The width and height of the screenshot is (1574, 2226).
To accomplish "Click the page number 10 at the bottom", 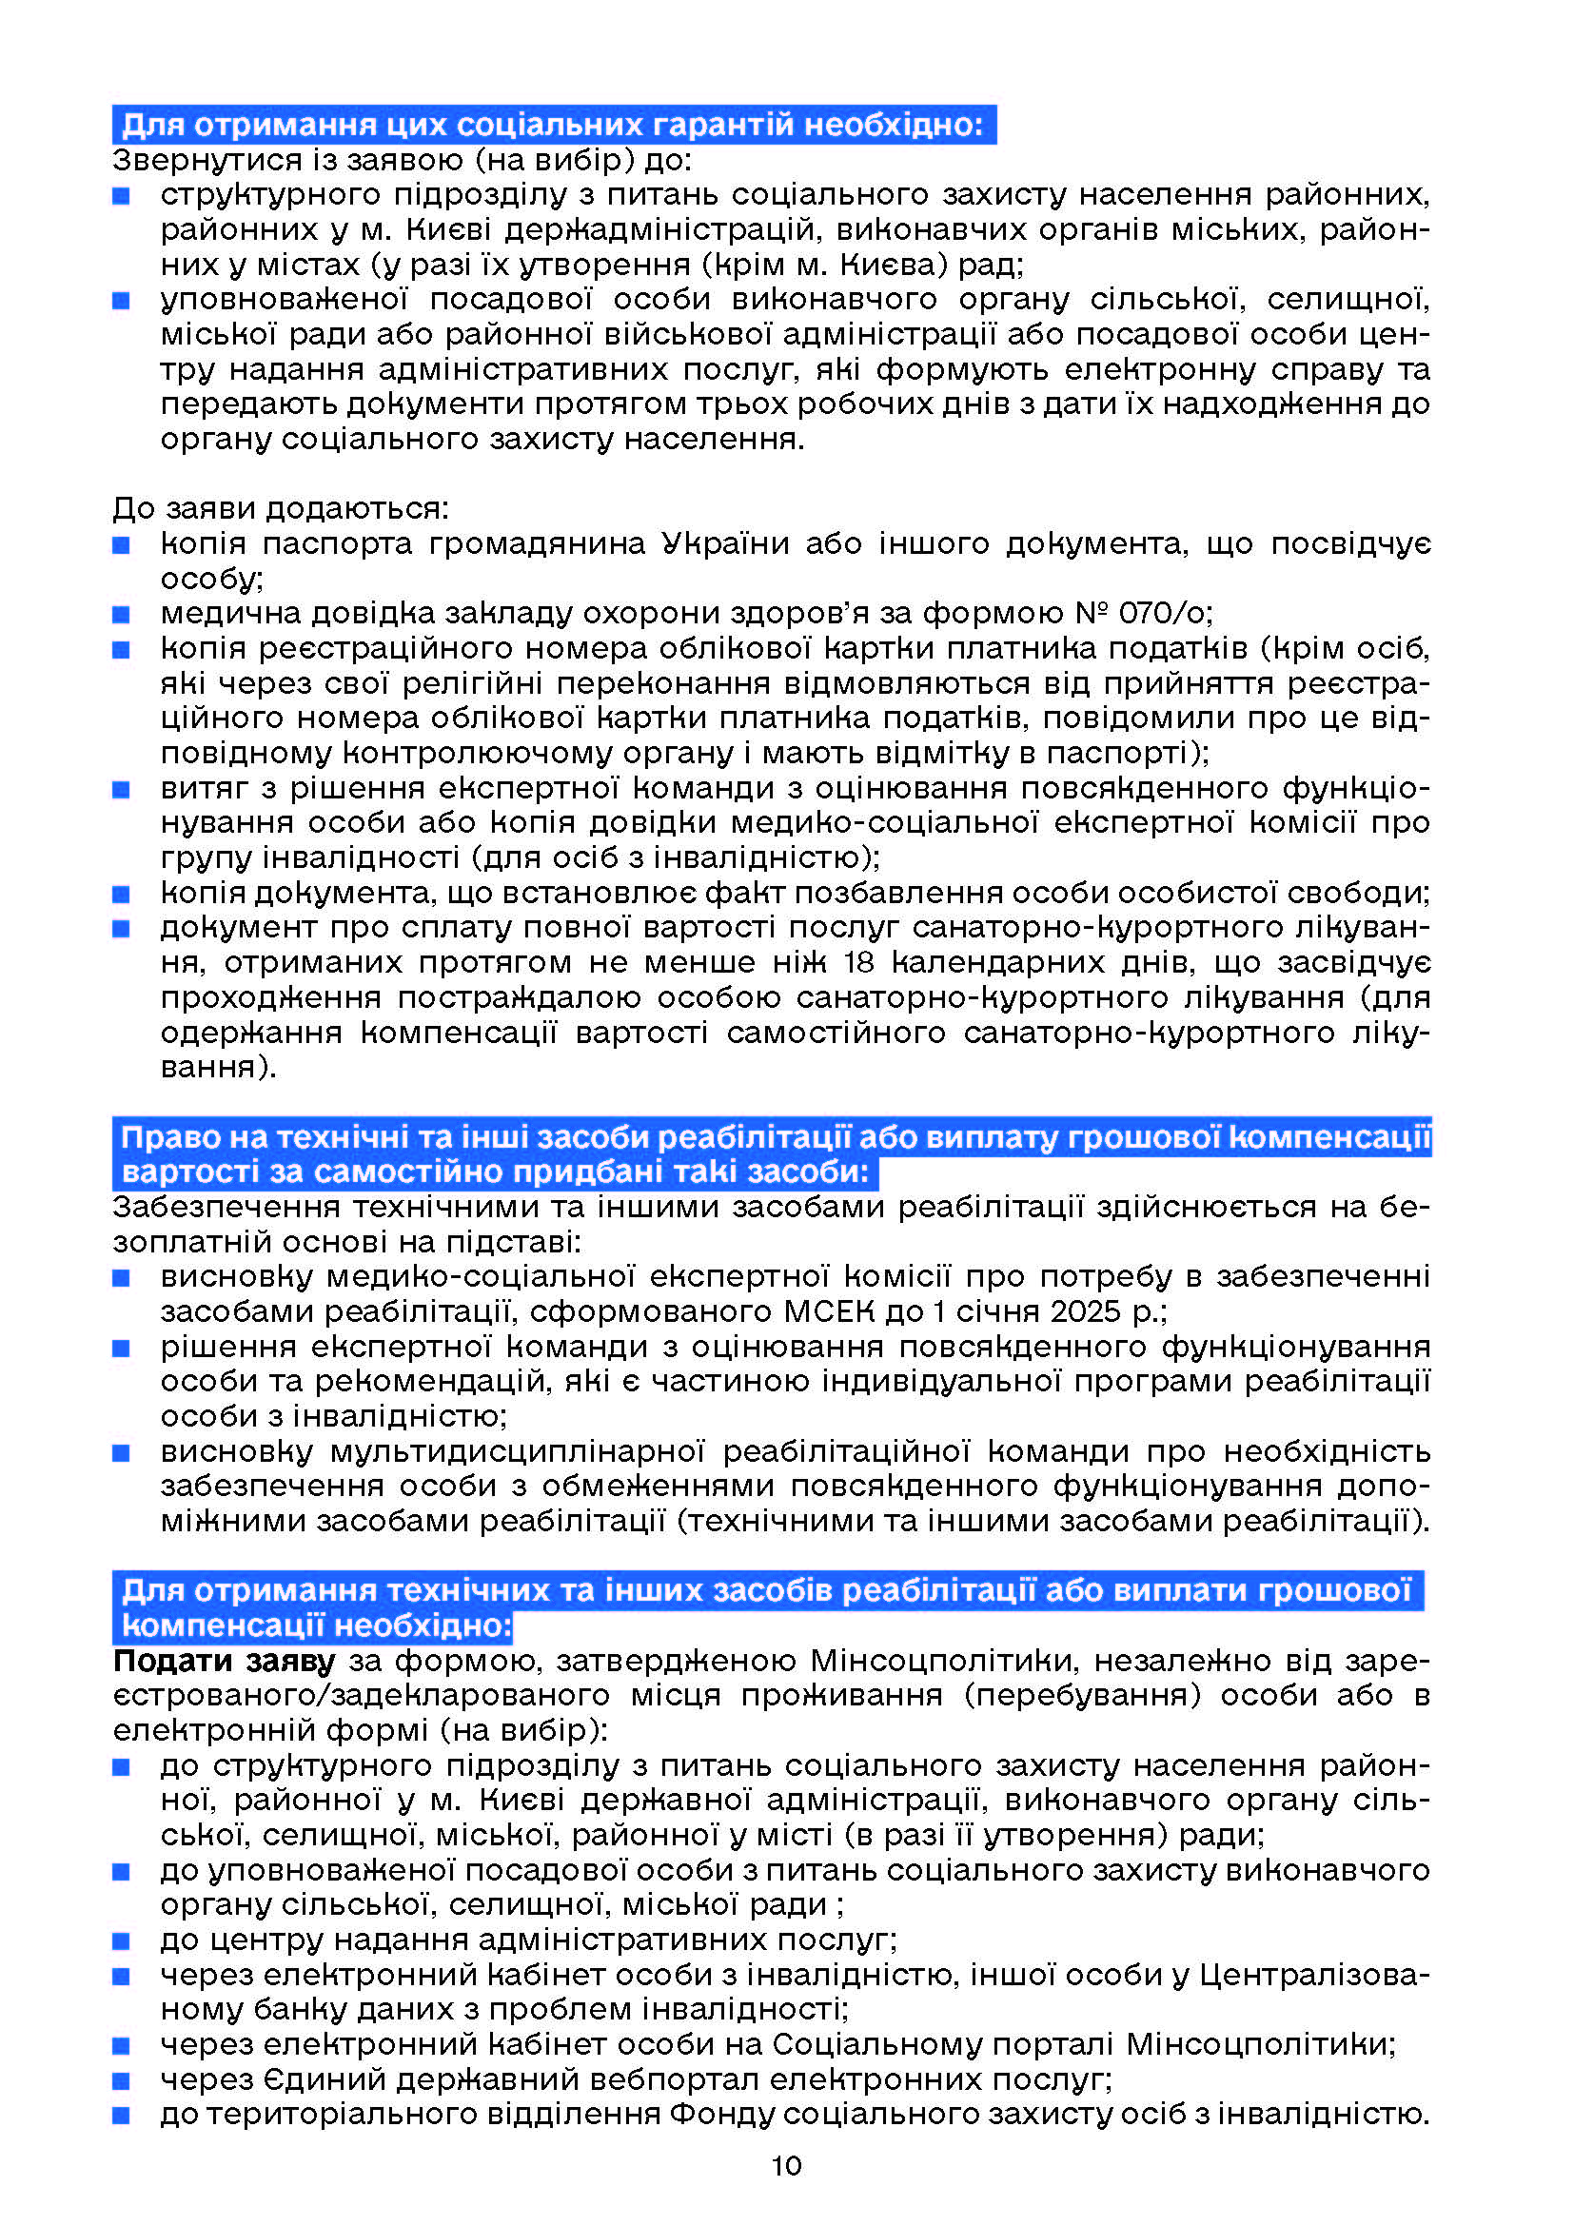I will pos(786,2165).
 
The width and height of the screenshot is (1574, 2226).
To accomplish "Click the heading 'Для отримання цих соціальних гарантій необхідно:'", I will pos(553,125).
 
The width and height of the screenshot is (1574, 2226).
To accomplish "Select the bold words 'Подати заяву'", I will pos(224,1661).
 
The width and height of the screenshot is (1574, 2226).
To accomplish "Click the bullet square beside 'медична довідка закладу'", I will pos(121,614).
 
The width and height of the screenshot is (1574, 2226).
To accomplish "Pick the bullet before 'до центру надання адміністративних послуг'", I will pos(121,1940).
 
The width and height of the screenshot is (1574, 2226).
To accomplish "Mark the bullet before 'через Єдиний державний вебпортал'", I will pos(121,2079).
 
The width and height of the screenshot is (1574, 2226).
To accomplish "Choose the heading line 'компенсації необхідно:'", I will pos(316,1625).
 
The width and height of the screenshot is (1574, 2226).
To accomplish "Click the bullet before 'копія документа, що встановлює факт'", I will pos(121,893).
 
